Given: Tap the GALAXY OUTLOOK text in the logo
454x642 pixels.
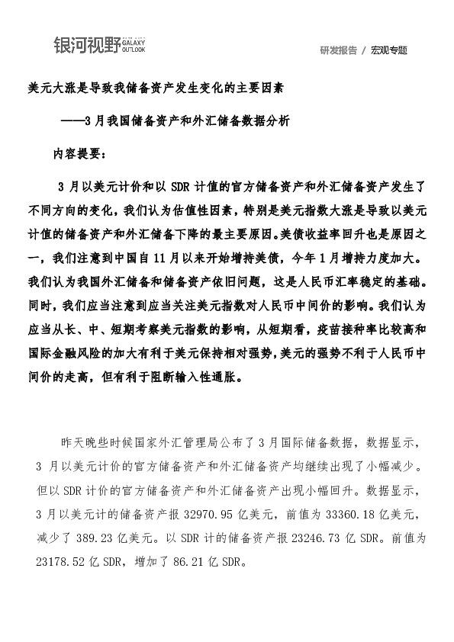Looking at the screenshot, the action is point(134,47).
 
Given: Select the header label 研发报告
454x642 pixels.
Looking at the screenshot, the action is point(338,51).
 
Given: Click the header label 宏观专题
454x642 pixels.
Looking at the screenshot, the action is point(389,51).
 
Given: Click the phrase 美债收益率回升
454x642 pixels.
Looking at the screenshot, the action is point(321,233).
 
